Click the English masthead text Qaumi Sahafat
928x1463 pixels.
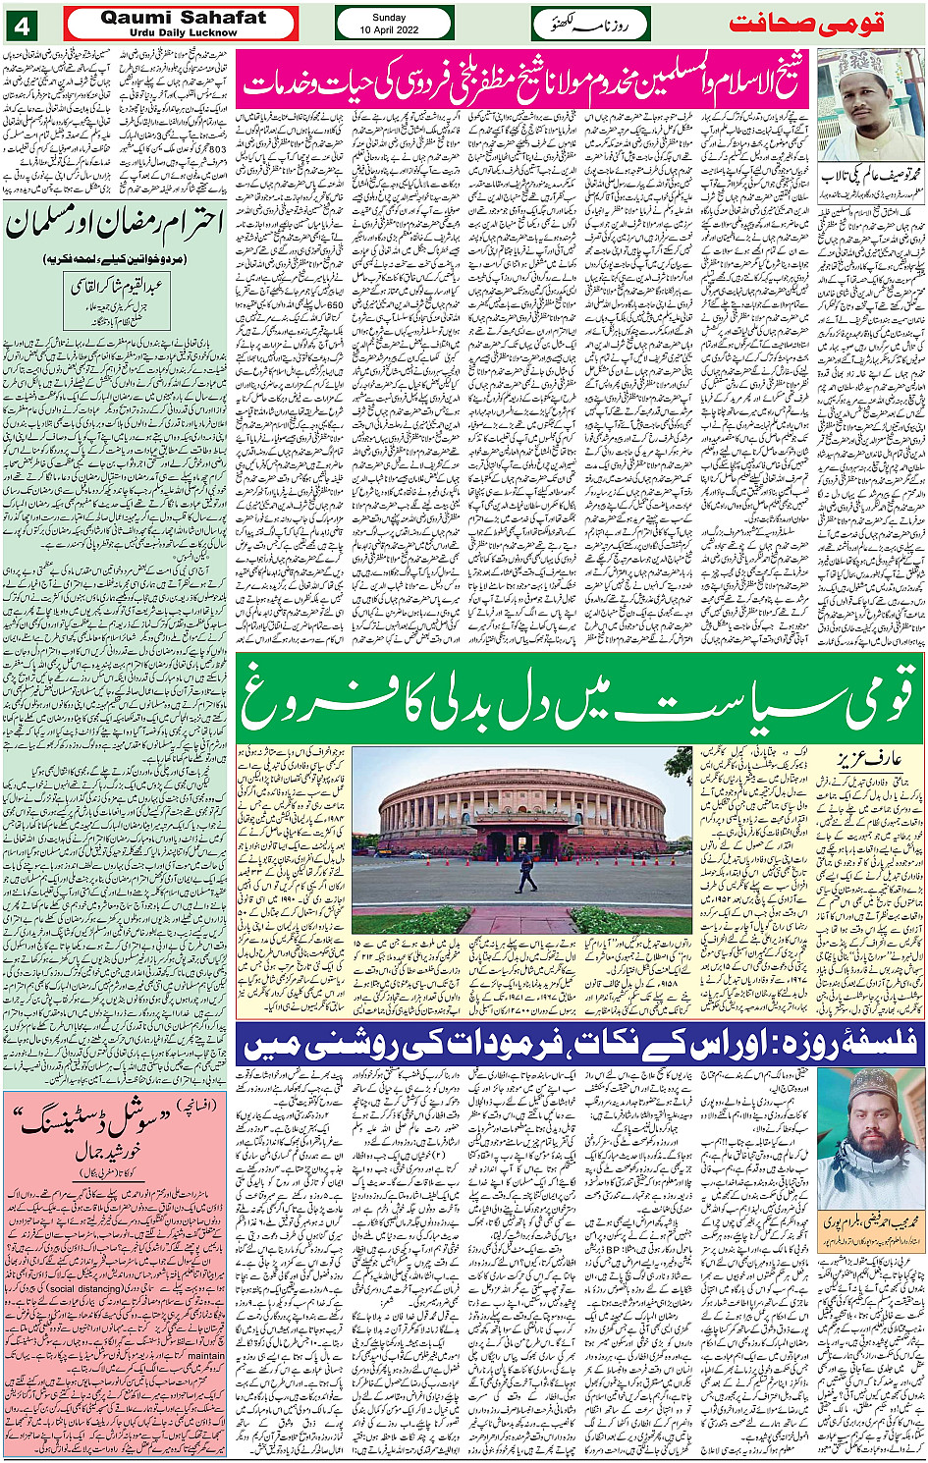pyautogui.click(x=184, y=17)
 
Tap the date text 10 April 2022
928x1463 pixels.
pyautogui.click(x=394, y=29)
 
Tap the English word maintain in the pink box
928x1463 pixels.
pyautogui.click(x=205, y=1356)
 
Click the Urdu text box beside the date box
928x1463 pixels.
pyautogui.click(x=591, y=24)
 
